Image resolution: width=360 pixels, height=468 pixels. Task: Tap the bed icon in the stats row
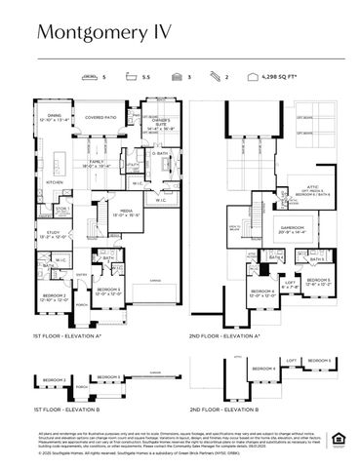pyautogui.click(x=91, y=75)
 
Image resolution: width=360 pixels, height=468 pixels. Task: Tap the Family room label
pyautogui.click(x=100, y=165)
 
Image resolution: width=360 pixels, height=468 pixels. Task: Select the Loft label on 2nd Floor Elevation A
pyautogui.click(x=290, y=284)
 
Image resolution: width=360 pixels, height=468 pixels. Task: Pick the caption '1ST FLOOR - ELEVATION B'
pyautogui.click(x=64, y=409)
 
